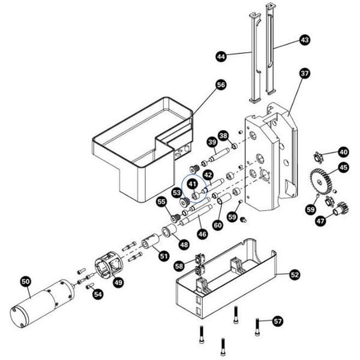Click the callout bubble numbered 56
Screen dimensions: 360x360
pos(220,85)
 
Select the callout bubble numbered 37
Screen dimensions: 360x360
pos(305,73)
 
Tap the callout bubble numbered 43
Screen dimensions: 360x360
pos(305,40)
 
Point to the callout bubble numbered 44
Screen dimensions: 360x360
pos(221,56)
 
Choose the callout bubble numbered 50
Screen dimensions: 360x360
pos(25,280)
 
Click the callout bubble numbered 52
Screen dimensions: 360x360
pos(295,274)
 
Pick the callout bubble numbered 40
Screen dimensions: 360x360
pos(343,152)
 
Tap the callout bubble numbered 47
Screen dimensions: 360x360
pos(322,221)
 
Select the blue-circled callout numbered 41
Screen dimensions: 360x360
pos(192,184)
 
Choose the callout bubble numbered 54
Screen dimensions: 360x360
pos(98,294)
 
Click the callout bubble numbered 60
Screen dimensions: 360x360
pos(218,225)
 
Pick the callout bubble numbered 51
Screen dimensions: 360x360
pos(164,256)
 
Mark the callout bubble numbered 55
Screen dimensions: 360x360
pos(161,202)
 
